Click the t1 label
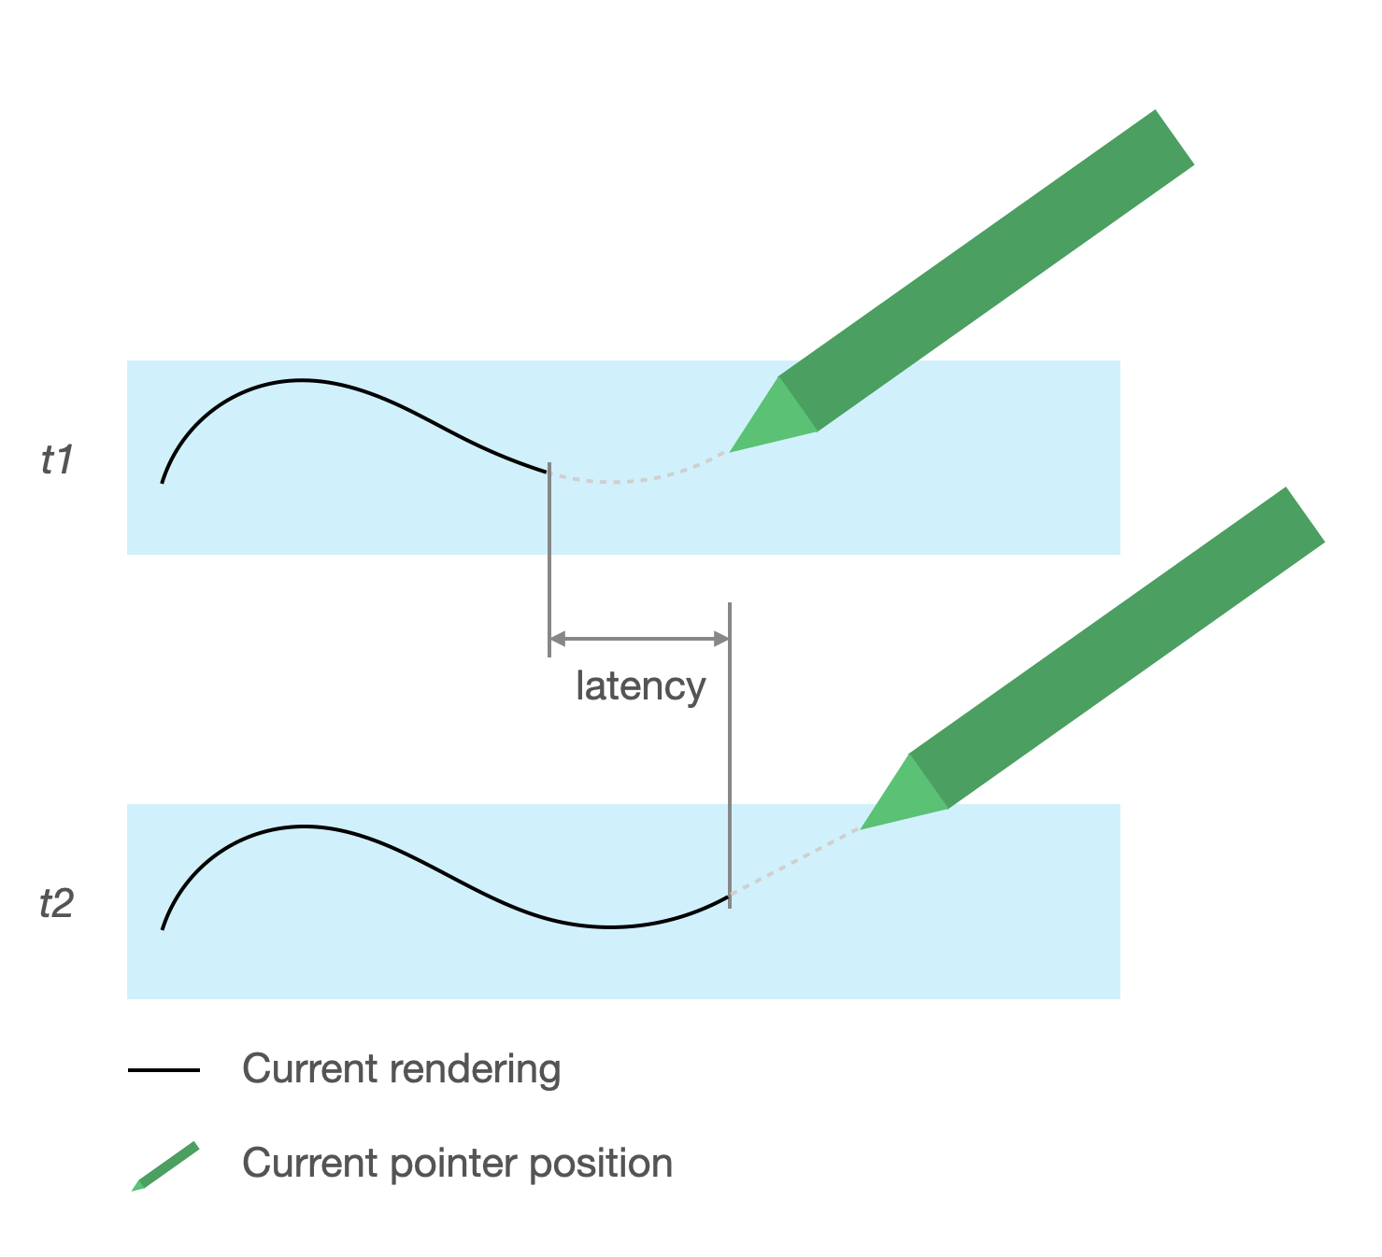(57, 460)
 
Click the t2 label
(56, 904)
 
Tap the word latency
(640, 686)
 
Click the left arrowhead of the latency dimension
(557, 639)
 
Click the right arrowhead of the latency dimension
(721, 639)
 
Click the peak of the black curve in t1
(301, 380)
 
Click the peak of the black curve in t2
(303, 826)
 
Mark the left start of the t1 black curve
(163, 482)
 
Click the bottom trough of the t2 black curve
(609, 926)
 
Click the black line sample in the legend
(164, 1070)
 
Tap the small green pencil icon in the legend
(165, 1166)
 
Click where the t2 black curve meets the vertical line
(729, 897)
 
